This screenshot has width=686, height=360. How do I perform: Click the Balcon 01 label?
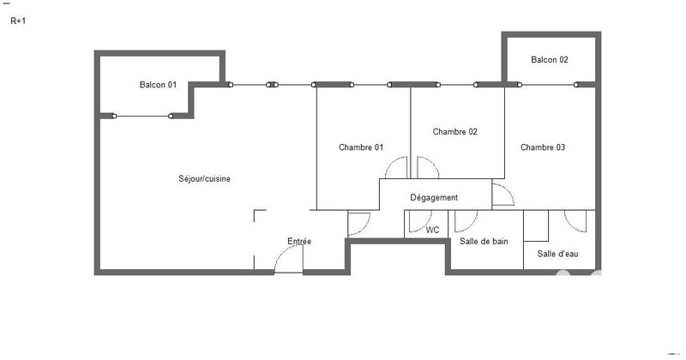(158, 85)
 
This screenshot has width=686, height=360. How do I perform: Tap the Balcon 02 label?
(550, 60)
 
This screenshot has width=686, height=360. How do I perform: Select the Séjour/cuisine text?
(204, 179)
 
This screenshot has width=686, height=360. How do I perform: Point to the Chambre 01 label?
(361, 147)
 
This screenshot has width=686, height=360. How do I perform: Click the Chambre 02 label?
(454, 132)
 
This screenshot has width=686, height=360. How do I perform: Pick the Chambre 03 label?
(543, 147)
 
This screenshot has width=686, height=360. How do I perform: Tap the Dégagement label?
(434, 198)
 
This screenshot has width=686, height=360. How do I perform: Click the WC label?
(433, 230)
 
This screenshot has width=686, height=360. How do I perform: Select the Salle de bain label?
(484, 242)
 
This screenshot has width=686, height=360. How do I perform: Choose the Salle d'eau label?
(557, 254)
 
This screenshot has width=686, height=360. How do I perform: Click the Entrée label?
(299, 242)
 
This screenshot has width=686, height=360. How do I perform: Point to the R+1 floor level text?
(18, 21)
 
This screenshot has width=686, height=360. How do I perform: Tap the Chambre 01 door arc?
(396, 169)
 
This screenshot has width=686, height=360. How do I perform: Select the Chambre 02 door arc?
(427, 169)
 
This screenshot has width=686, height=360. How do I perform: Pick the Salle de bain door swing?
(466, 221)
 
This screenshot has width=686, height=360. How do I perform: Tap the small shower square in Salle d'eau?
(536, 225)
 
